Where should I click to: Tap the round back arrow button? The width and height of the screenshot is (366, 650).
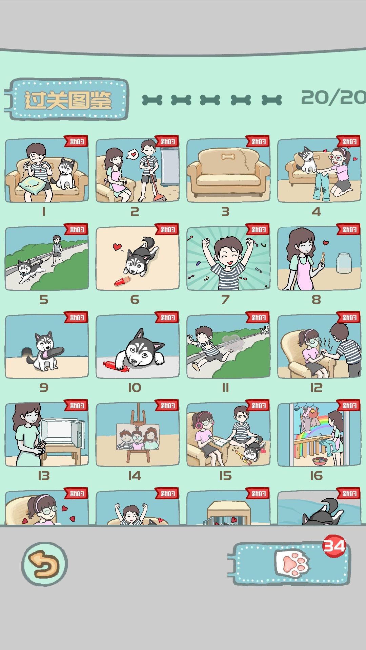coord(44,564)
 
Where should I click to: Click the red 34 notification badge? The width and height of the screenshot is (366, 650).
coord(334,546)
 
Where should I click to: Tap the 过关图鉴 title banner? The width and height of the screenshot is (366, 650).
coord(68,100)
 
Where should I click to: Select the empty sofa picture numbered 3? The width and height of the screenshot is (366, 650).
coord(228,171)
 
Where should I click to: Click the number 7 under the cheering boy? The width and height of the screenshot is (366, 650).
coord(225,299)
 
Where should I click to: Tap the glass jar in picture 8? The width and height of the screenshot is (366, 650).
coord(344,263)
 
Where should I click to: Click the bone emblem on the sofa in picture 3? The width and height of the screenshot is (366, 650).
coord(228,157)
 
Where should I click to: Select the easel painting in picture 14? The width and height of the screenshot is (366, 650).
coord(138,437)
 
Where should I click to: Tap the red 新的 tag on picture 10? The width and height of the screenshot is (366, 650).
coord(167,318)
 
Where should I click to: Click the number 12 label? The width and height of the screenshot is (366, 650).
coord(316,387)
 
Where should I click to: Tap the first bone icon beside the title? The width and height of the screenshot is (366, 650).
coord(152,100)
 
